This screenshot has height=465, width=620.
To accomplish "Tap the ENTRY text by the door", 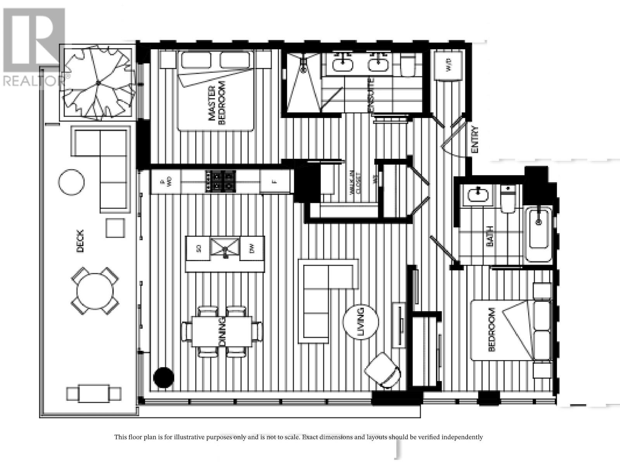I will [x=475, y=139].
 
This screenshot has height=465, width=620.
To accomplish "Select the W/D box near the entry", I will [x=448, y=65].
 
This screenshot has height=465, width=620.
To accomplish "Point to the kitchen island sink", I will [x=225, y=248].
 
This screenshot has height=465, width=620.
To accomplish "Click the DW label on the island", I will [x=252, y=250].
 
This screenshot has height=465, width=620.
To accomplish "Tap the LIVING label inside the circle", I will [x=361, y=322].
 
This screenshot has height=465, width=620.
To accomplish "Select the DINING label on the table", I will [x=222, y=331].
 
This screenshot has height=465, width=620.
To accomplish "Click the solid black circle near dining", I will [x=164, y=377].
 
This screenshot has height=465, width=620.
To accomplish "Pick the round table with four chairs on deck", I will [x=95, y=291].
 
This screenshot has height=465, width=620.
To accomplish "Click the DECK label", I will [x=80, y=241].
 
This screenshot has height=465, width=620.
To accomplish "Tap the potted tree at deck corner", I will [x=98, y=83].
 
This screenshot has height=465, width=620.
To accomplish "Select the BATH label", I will [x=490, y=236].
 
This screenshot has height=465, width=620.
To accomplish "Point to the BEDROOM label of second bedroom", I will [x=492, y=330].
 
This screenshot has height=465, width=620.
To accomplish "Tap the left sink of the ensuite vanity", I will [x=343, y=63].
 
